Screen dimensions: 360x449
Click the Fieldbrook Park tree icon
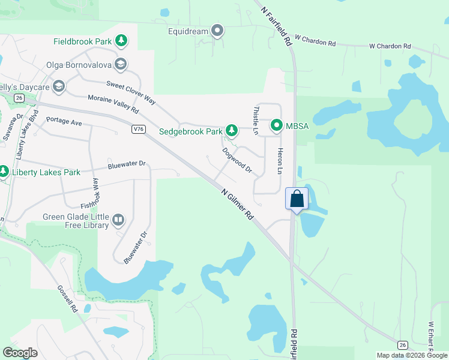(x=122, y=41)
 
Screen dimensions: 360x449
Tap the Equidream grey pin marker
(x=217, y=31)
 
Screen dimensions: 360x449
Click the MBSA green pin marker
(x=277, y=125)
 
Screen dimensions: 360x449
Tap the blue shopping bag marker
(x=297, y=199)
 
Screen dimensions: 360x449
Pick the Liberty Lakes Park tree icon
(x=4, y=172)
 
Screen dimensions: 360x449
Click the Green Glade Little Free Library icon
(x=118, y=221)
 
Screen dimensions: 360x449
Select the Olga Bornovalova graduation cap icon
(x=121, y=64)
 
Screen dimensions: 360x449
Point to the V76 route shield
(x=139, y=128)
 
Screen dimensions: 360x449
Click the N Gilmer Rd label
(x=237, y=205)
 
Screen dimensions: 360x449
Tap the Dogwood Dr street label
(x=237, y=160)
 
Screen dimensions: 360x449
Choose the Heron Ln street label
(x=279, y=161)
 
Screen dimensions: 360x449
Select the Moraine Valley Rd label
(x=113, y=104)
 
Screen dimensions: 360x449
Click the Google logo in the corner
(x=20, y=353)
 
